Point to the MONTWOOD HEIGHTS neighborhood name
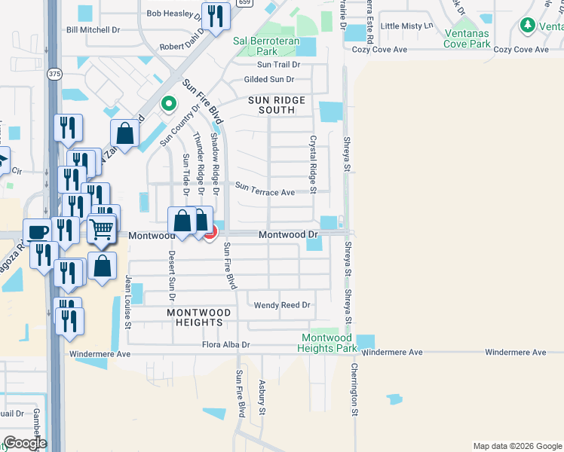pos(195,317)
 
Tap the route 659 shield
pos(244,3)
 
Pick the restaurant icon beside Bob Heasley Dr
pos(216,16)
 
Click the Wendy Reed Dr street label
pos(282,305)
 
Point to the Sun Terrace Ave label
pos(265,192)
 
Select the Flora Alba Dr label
pos(225,345)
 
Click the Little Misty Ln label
pos(407,26)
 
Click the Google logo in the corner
pos(25,443)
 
